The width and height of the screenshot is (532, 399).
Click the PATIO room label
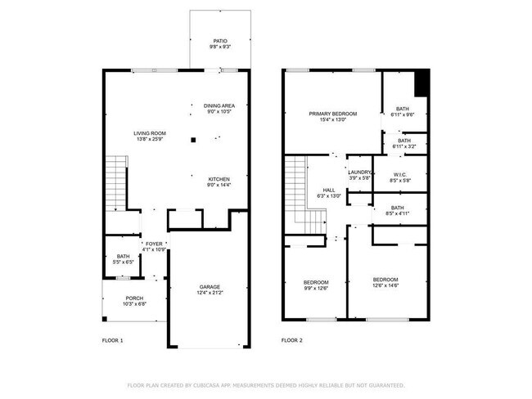pos(219,40)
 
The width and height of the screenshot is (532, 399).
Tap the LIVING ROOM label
pos(151,132)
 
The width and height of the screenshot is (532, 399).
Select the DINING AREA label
pos(219,105)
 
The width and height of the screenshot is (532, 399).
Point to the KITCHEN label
pos(219,179)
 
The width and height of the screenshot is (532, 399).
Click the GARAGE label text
pos(210,287)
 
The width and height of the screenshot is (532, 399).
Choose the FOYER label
pos(154,244)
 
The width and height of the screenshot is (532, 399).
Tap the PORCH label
pos(134,298)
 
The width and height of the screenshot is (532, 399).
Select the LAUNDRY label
pos(360,172)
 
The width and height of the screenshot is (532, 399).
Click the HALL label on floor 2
pos(328,190)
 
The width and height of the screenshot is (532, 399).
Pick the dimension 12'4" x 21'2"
pos(210,294)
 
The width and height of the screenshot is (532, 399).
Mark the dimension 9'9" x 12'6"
pos(316,288)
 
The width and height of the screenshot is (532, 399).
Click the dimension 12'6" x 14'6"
pos(385,285)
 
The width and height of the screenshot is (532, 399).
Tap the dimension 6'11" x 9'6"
pos(403,115)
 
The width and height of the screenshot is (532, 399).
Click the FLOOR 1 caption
pos(112,339)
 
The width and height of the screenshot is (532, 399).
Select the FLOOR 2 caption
pos(292,339)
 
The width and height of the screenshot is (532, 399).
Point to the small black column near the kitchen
pos(193,140)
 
